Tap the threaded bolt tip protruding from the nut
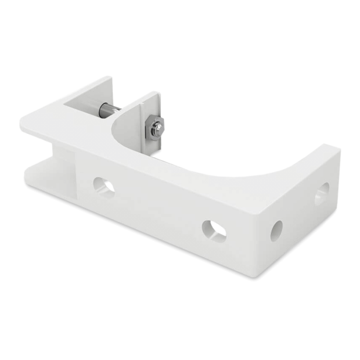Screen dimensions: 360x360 pos(159,127)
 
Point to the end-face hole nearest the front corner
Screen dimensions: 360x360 pos(277,229)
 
